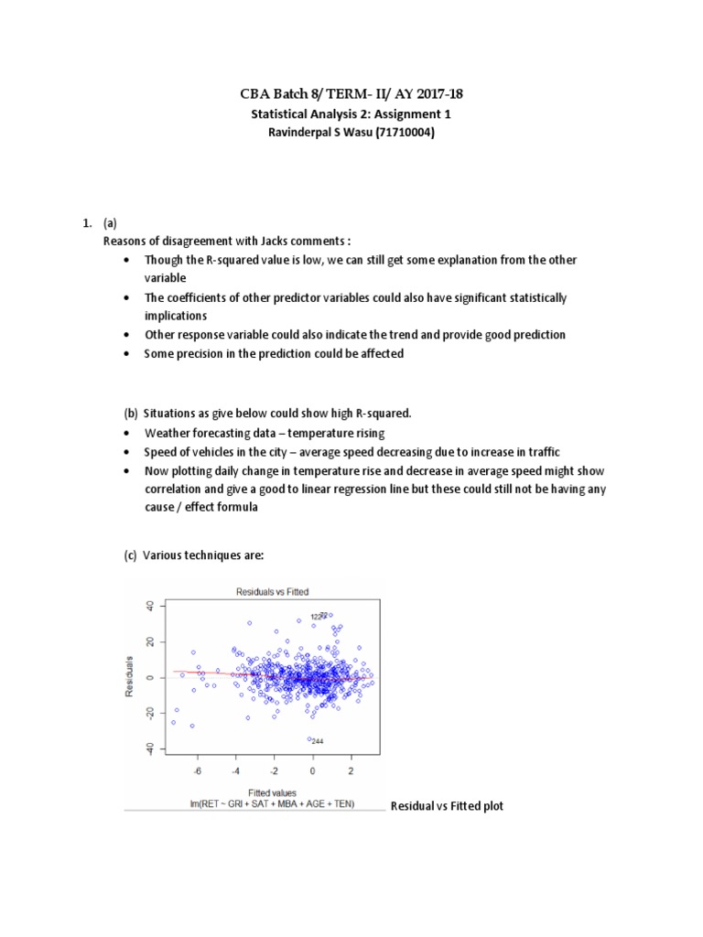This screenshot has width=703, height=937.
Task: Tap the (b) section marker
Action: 131,413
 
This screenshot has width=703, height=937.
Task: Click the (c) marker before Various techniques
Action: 131,555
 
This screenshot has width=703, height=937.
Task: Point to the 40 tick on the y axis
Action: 149,606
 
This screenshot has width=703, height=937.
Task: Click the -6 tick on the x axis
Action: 198,770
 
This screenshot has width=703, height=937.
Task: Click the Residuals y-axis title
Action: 131,677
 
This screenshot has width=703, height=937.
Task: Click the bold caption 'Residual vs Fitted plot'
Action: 447,806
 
